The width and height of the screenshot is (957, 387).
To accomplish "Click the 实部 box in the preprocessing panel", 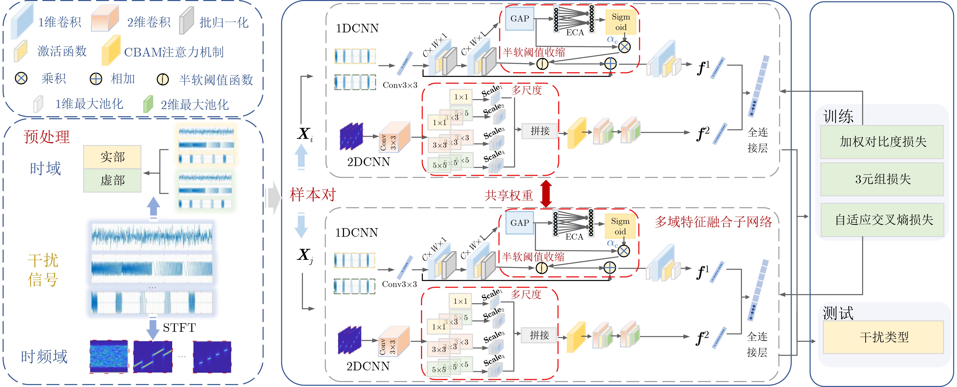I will pos(112,157).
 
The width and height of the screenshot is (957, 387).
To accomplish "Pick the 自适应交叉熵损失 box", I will pos(883,220).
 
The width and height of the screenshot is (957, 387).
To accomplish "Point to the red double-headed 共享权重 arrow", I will pos(546,194).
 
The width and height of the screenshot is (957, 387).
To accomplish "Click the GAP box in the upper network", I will pos(519,19).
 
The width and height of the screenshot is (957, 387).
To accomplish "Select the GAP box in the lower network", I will pos(519,223).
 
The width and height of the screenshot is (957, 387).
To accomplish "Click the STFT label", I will pos(179,327).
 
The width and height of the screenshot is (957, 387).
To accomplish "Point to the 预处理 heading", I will pos(47,137).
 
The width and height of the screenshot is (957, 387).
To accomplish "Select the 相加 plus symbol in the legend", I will pos(96,79).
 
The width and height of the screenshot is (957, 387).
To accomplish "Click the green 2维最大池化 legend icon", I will pos(148,104).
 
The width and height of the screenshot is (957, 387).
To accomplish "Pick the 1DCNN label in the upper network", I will pos(357,28).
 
